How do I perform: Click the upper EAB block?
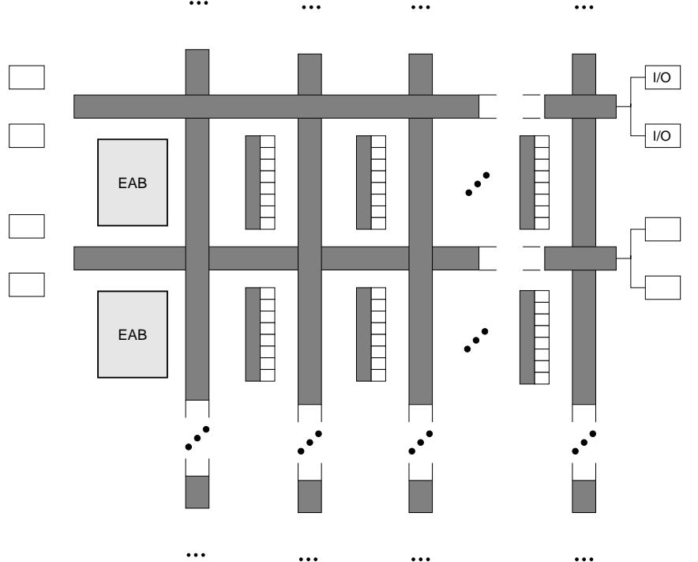pyautogui.click(x=133, y=182)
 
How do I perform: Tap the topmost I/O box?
pyautogui.click(x=662, y=80)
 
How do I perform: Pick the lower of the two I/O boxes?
pyautogui.click(x=662, y=136)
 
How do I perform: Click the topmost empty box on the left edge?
pyautogui.click(x=26, y=77)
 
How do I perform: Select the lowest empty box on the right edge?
pyautogui.click(x=662, y=288)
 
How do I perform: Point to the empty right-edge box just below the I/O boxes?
pyautogui.click(x=662, y=229)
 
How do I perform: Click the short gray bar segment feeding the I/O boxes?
pyautogui.click(x=580, y=107)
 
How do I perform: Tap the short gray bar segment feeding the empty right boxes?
pyautogui.click(x=580, y=258)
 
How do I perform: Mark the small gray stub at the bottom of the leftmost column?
pyautogui.click(x=197, y=492)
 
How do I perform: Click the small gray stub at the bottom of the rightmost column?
pyautogui.click(x=584, y=496)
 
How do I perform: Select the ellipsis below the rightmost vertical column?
pyautogui.click(x=584, y=556)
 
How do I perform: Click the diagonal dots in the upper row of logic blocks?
pyautogui.click(x=477, y=184)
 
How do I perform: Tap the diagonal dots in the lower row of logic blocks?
pyautogui.click(x=477, y=340)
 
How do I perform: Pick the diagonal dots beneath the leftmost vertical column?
pyautogui.click(x=197, y=439)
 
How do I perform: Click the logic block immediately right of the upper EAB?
pyautogui.click(x=260, y=182)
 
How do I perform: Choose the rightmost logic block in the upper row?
pyautogui.click(x=535, y=182)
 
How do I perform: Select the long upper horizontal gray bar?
pyautogui.click(x=276, y=107)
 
